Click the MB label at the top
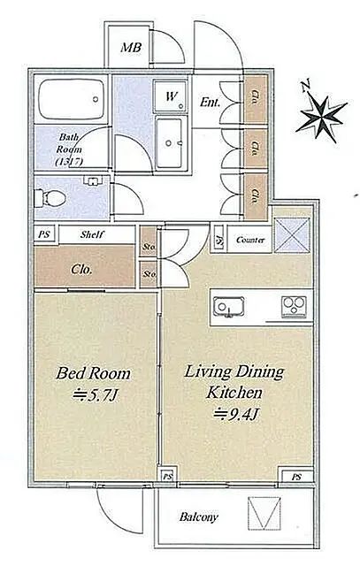coord(129,47)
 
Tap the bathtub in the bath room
coord(71,103)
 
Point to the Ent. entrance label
coord(211,102)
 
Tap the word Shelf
coord(94,235)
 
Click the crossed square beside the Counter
coord(291,235)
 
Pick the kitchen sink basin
coord(227,308)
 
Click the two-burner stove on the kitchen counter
coord(293,308)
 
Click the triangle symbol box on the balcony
coord(264,513)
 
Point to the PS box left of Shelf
coord(43,235)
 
